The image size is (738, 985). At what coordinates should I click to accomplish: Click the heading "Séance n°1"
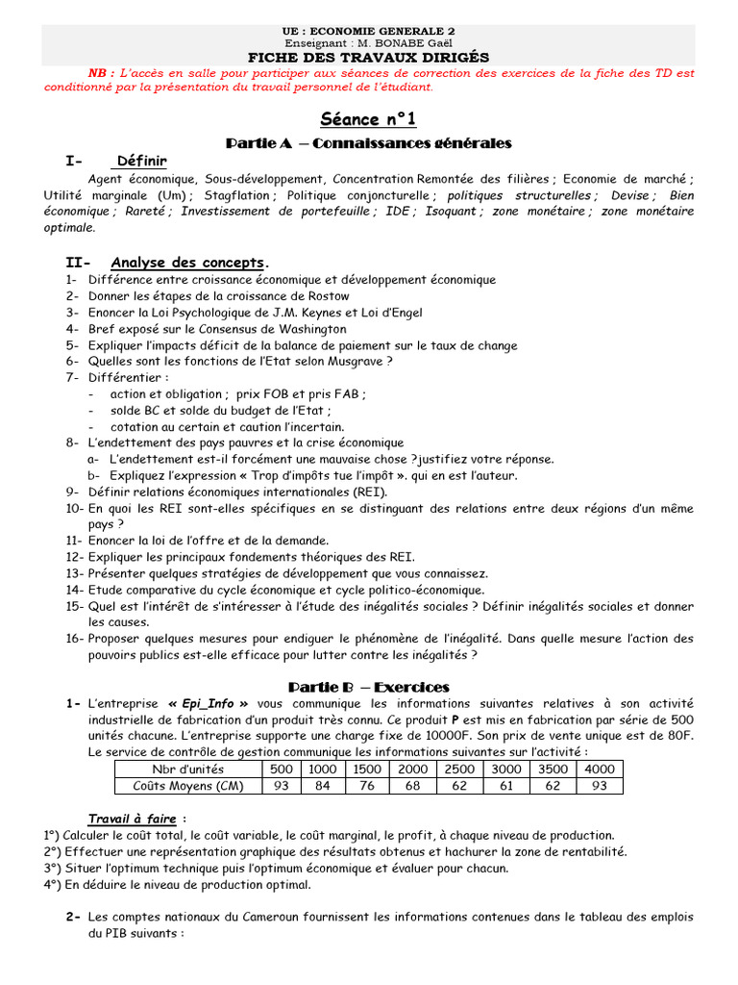pos(368,119)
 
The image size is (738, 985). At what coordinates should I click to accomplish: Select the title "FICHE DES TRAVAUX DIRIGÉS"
pos(368,58)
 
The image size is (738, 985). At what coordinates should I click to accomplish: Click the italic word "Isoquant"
pos(450,212)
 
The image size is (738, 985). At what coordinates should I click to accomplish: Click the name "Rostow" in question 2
pos(327,296)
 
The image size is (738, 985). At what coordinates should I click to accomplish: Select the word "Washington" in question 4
pos(307,329)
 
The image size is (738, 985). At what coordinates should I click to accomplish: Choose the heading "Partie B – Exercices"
pos(369,687)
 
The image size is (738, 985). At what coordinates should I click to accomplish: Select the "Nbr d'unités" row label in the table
pos(188,769)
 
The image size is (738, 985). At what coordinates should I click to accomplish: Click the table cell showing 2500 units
pos(458,769)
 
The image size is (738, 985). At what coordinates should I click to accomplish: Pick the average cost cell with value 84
pos(322,785)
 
